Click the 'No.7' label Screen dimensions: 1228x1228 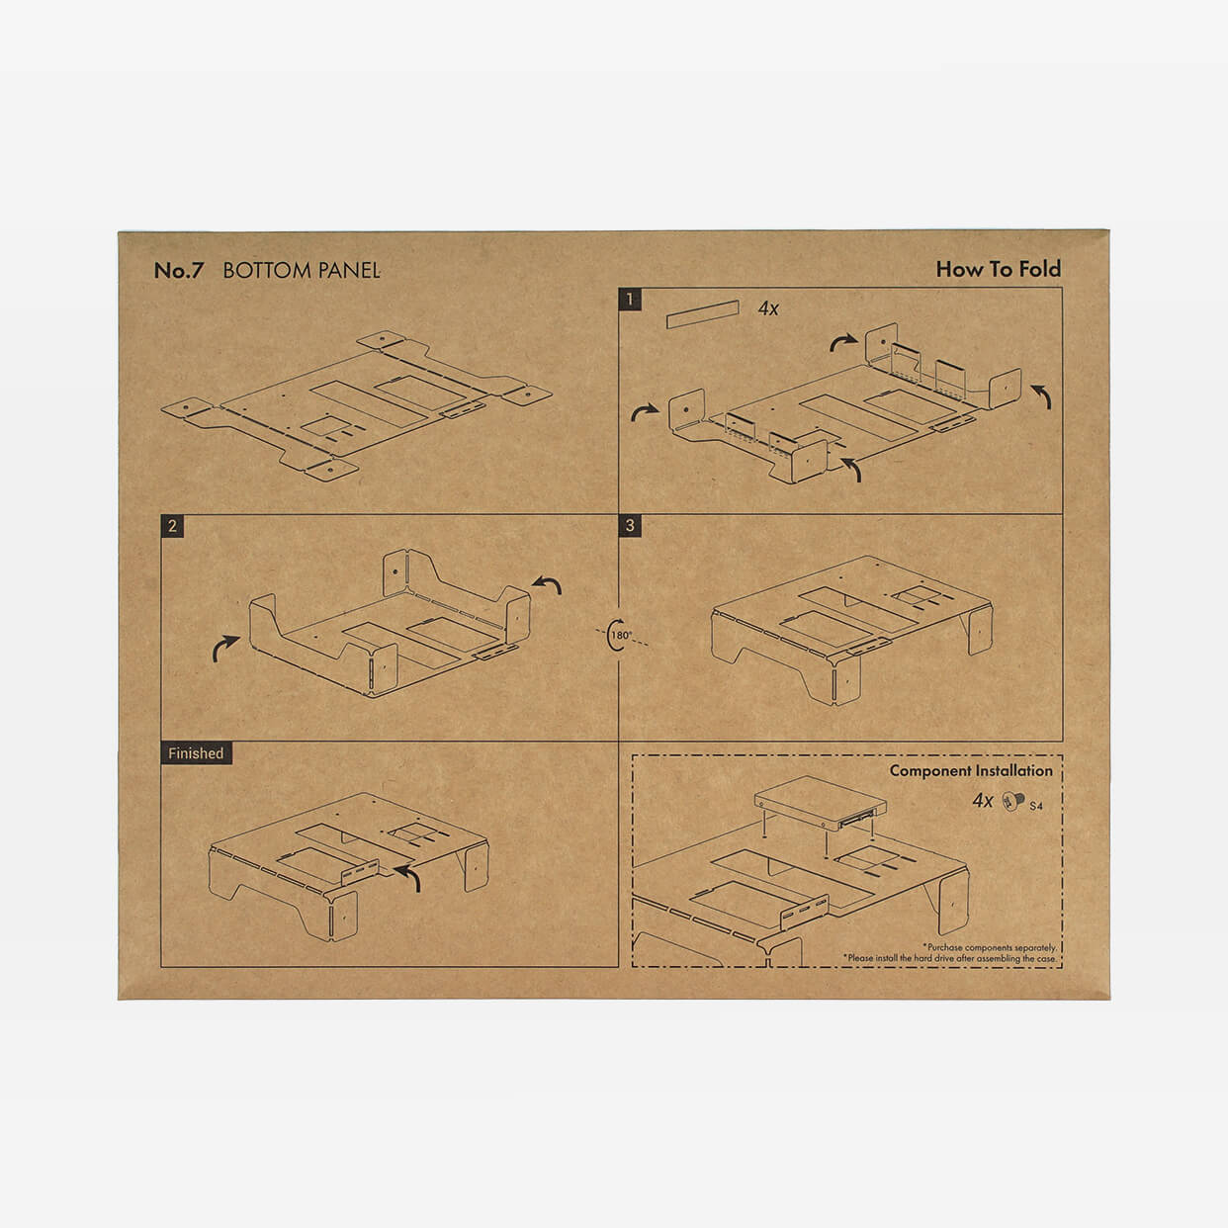(179, 271)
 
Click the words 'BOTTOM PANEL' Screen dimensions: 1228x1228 (302, 271)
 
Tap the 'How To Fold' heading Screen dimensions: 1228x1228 (998, 269)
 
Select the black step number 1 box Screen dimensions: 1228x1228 (630, 299)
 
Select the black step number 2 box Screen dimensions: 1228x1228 (172, 526)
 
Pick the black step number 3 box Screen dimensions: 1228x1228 (630, 526)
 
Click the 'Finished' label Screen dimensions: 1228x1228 (197, 753)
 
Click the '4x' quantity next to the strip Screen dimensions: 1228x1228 (768, 309)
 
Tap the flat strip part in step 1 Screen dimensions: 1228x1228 (703, 314)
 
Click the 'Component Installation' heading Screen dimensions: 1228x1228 (971, 770)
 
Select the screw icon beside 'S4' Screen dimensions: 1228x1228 (1013, 801)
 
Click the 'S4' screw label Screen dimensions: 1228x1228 (1036, 806)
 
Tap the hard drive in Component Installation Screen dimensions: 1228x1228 (821, 803)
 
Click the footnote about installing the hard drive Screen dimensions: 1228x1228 (949, 958)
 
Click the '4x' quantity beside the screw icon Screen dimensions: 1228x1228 (983, 801)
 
